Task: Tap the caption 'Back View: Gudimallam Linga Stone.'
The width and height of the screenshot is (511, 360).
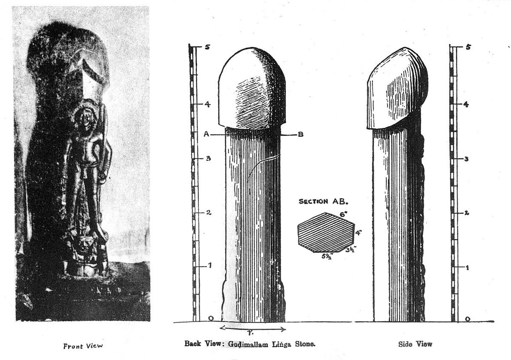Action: coord(250,343)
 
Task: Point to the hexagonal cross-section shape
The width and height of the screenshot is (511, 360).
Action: coord(325,233)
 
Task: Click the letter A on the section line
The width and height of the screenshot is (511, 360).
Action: coord(206,134)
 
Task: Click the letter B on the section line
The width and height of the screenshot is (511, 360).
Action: coord(301,135)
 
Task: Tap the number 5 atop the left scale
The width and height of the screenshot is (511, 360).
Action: coord(207,47)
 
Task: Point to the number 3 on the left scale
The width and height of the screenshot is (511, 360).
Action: coord(208,158)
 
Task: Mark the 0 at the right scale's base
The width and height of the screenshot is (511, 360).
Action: coord(468,319)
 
